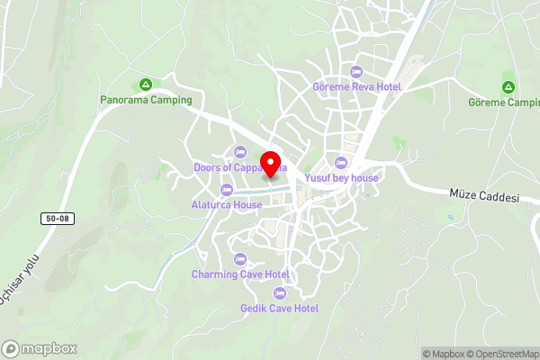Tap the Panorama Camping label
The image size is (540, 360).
[146, 100]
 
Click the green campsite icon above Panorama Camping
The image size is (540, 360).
[144, 85]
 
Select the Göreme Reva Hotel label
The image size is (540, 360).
[356, 86]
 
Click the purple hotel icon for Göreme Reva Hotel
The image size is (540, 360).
[356, 72]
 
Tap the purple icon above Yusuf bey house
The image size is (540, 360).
[340, 163]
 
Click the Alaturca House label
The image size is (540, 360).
[227, 204]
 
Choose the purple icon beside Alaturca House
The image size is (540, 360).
[227, 190]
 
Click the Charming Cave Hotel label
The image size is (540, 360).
[240, 274]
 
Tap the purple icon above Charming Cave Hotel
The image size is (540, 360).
[240, 259]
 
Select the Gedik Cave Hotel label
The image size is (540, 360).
[280, 308]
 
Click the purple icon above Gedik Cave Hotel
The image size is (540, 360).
[280, 293]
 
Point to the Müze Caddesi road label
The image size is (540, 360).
[485, 196]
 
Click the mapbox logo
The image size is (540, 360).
[40, 348]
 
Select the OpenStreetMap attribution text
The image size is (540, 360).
[500, 354]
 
